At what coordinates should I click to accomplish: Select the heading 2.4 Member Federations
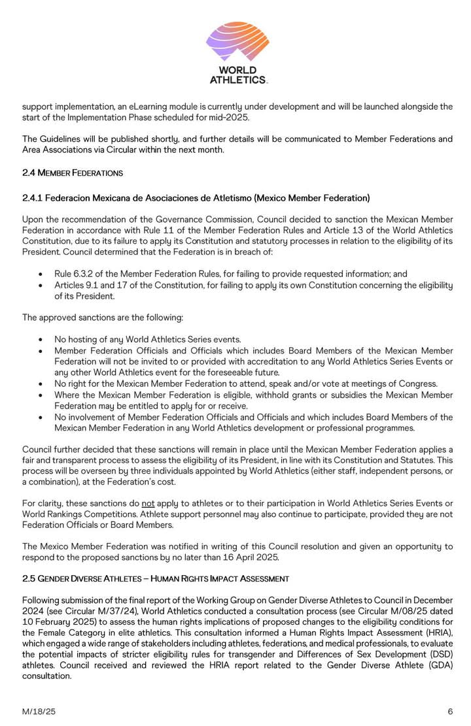tap(73, 173)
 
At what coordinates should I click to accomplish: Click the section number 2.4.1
tap(34, 198)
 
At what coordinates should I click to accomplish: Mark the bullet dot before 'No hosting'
tap(41, 340)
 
